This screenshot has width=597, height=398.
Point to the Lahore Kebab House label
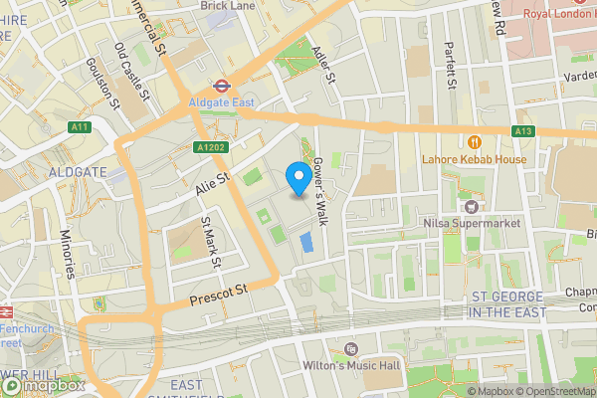click(x=476, y=157)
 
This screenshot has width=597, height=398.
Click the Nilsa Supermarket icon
click(x=473, y=206)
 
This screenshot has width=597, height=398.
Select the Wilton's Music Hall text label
click(x=350, y=365)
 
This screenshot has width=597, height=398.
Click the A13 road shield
click(x=524, y=131)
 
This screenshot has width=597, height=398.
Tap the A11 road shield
click(x=80, y=127)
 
